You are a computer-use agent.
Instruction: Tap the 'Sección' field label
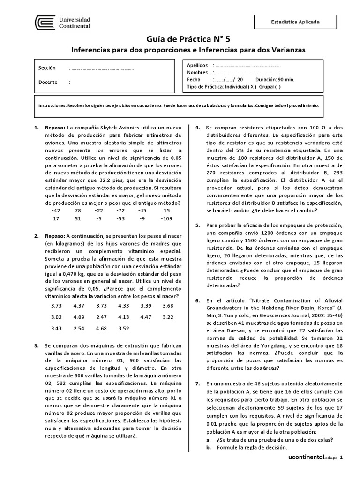(x=47, y=68)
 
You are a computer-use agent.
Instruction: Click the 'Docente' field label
(x=48, y=82)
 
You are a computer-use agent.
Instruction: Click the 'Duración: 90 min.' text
(x=275, y=80)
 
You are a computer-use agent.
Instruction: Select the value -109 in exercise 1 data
(x=166, y=218)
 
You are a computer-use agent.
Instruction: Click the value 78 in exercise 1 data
(x=78, y=211)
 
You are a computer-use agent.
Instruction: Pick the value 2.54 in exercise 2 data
(x=78, y=328)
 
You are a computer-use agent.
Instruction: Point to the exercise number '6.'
(x=198, y=300)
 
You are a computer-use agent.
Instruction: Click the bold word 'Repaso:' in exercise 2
(x=55, y=236)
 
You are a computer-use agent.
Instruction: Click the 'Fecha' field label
(x=194, y=80)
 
